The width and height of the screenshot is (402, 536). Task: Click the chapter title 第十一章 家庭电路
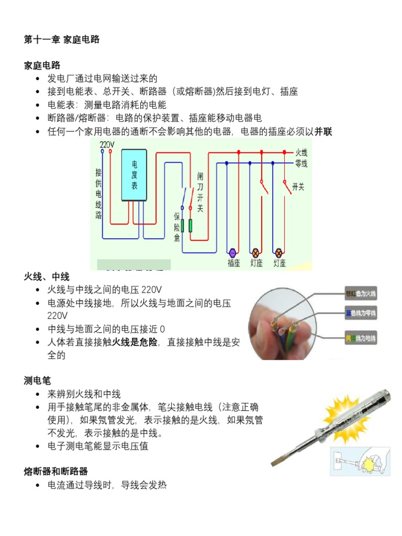click(x=62, y=39)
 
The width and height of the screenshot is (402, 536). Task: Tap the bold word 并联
click(x=323, y=132)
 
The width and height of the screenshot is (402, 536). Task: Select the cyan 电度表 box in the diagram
click(x=134, y=175)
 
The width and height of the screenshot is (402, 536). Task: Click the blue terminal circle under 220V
click(x=103, y=152)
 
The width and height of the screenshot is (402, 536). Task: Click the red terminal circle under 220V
click(x=111, y=152)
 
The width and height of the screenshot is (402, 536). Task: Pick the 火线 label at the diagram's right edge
click(x=301, y=153)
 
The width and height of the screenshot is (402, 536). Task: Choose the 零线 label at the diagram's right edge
click(x=301, y=163)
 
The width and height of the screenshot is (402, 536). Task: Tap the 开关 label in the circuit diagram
click(x=298, y=187)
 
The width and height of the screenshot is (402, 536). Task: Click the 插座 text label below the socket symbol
click(x=233, y=263)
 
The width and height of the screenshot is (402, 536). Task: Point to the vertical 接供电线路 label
click(x=98, y=194)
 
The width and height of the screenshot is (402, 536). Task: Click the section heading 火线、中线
click(x=47, y=276)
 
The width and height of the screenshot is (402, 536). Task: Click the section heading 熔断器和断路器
click(x=56, y=471)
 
